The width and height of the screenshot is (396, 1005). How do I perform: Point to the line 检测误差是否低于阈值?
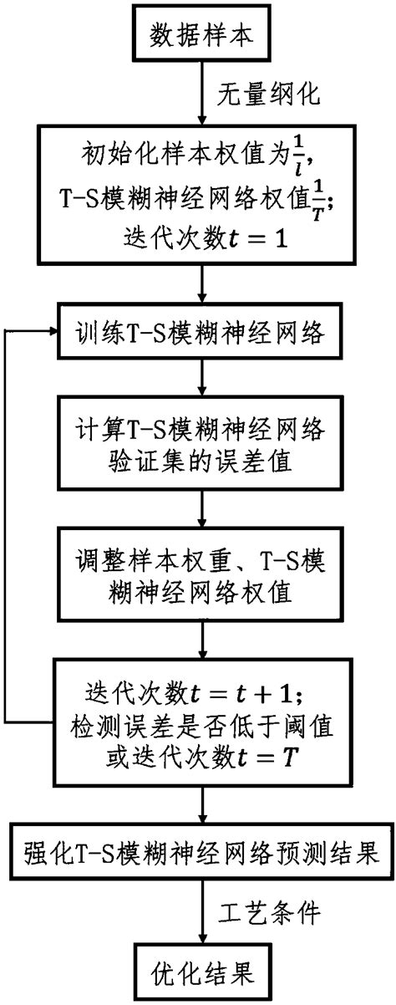coord(198,727)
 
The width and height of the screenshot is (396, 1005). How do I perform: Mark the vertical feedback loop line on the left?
coord(8,527)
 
